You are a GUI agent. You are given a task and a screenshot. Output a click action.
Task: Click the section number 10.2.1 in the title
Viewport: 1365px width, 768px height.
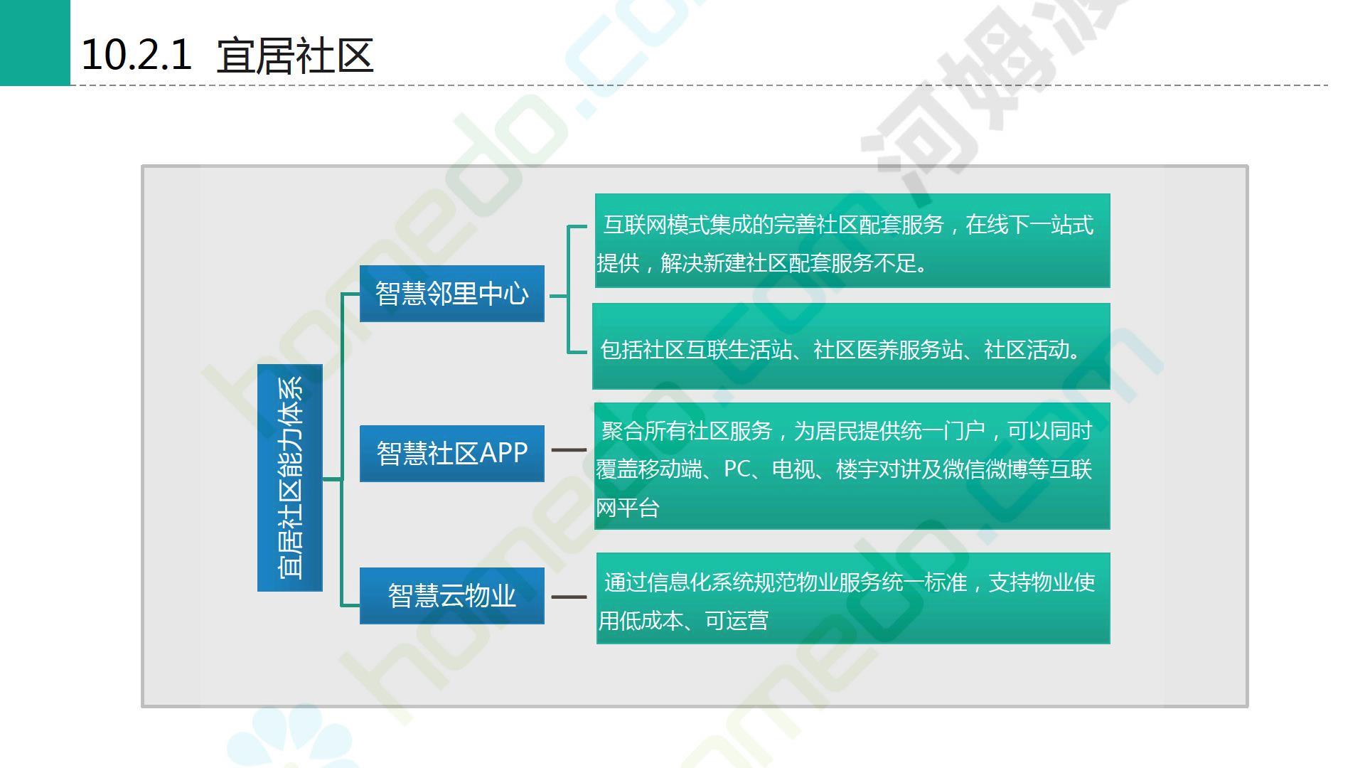click(x=136, y=55)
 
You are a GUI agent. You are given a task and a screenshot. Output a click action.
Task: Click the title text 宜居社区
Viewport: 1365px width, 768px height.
click(x=294, y=56)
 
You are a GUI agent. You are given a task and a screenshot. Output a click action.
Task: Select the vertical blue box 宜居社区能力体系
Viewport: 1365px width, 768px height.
click(x=290, y=478)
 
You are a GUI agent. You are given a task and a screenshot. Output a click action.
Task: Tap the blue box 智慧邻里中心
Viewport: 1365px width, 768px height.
click(x=452, y=294)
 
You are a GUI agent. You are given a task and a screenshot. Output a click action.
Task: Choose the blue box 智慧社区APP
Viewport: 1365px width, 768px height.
click(x=452, y=454)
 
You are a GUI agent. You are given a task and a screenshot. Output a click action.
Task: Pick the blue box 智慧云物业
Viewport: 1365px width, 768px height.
click(x=452, y=596)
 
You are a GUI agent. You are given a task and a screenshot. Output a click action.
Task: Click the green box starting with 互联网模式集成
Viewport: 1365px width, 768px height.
click(x=852, y=241)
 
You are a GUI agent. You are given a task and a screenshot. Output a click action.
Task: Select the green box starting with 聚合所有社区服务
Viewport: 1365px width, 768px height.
click(x=852, y=466)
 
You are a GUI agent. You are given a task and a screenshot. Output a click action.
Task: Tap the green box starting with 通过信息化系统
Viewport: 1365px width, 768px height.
click(x=852, y=599)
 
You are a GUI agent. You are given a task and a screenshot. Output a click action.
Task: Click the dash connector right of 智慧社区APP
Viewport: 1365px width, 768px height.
click(x=569, y=450)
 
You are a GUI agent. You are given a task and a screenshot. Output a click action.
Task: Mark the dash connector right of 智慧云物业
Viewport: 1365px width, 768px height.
click(x=569, y=597)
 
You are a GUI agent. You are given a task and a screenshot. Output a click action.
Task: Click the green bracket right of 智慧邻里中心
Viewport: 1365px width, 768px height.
click(x=569, y=290)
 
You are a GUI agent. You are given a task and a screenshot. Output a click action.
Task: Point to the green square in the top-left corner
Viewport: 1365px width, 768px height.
click(x=35, y=43)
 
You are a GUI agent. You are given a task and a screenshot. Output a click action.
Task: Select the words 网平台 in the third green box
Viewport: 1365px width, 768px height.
click(x=628, y=508)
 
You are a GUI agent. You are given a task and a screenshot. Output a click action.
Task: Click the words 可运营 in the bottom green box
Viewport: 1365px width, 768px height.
click(x=737, y=621)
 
